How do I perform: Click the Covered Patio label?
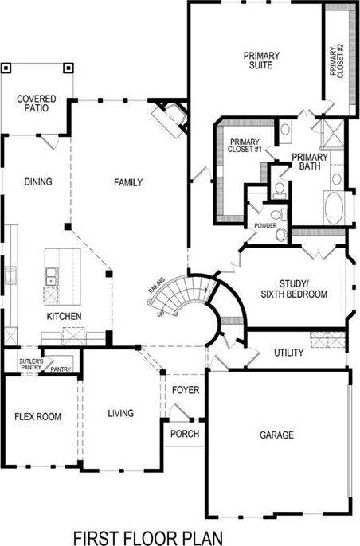point(36,103)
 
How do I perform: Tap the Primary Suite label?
point(261,60)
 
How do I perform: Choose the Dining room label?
point(37,182)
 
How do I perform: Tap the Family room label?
point(128,182)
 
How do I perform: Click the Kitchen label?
point(64,316)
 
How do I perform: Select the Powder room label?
point(265,225)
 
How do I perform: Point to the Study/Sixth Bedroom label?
point(293,289)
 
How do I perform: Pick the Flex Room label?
point(37,416)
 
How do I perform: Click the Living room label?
point(120,413)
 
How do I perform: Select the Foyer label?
point(185,391)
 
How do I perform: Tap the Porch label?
point(186,434)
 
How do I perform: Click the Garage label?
point(276,435)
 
